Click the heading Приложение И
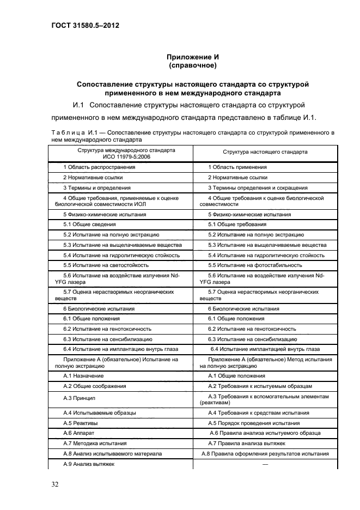[x=193, y=57]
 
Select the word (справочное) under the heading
[x=193, y=66]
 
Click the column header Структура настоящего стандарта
[x=265, y=152]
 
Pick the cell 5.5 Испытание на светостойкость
[x=106, y=265]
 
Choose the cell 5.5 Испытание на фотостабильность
[x=255, y=265]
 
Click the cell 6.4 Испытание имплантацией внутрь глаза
[x=265, y=349]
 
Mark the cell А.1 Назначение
[x=83, y=376]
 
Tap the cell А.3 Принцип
[x=80, y=399]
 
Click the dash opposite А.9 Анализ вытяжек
[x=265, y=464]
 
